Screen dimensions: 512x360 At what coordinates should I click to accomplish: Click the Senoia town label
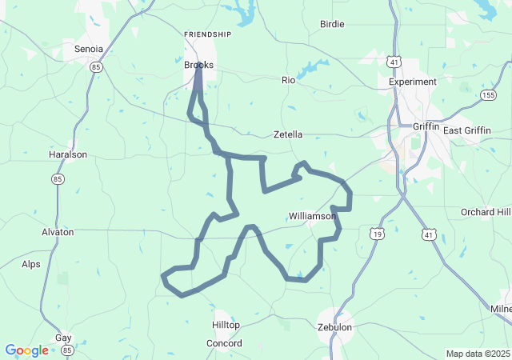pyautogui.click(x=89, y=49)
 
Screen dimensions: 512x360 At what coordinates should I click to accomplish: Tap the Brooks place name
pyautogui.click(x=198, y=65)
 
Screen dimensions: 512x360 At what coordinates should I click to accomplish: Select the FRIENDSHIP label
pyautogui.click(x=207, y=34)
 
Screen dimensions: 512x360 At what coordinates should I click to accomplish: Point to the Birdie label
pyautogui.click(x=332, y=24)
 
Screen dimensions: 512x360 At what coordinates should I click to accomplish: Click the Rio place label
pyautogui.click(x=289, y=80)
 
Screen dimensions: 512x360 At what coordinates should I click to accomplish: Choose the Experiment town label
pyautogui.click(x=413, y=82)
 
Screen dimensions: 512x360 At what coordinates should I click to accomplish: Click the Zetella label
pyautogui.click(x=288, y=134)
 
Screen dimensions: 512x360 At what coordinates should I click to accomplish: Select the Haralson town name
pyautogui.click(x=68, y=155)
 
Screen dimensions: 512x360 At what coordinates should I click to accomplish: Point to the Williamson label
pyautogui.click(x=312, y=216)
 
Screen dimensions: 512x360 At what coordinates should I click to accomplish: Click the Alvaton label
pyautogui.click(x=58, y=232)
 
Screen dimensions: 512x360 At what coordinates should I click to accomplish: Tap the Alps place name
pyautogui.click(x=31, y=264)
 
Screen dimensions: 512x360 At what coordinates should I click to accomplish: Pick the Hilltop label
pyautogui.click(x=226, y=325)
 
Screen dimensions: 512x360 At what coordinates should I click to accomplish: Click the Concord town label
pyautogui.click(x=224, y=343)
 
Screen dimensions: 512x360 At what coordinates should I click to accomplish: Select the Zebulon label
pyautogui.click(x=334, y=327)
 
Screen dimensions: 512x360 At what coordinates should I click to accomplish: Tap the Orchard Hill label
pyautogui.click(x=485, y=212)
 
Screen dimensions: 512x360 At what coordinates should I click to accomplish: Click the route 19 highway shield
pyautogui.click(x=376, y=234)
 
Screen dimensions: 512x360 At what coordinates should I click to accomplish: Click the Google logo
pyautogui.click(x=26, y=350)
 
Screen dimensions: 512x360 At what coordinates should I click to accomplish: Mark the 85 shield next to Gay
pyautogui.click(x=67, y=350)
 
